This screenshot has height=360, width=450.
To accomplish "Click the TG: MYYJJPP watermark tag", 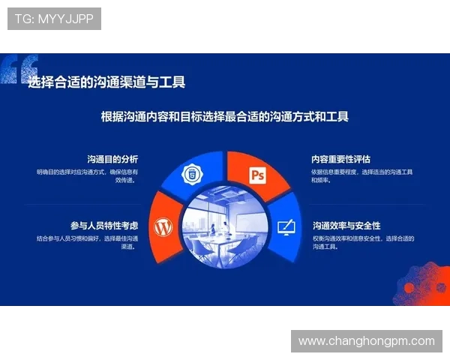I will coord(54,19).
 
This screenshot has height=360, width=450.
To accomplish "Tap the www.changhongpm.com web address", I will coord(366,340).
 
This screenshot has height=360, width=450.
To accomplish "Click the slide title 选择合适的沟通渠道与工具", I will coord(106,82).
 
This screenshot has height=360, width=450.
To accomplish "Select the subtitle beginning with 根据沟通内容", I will coord(225,117).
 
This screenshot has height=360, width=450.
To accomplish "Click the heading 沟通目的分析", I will coord(112,159).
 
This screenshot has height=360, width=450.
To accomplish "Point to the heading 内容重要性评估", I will coord(341,159).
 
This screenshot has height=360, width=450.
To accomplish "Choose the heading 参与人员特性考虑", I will coord(104,225).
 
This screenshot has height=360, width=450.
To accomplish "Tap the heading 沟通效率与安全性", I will coord(346,225).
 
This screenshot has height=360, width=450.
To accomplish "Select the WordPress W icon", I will coord(163,226).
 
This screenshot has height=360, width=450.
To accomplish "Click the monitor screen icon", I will coord(286,226).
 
